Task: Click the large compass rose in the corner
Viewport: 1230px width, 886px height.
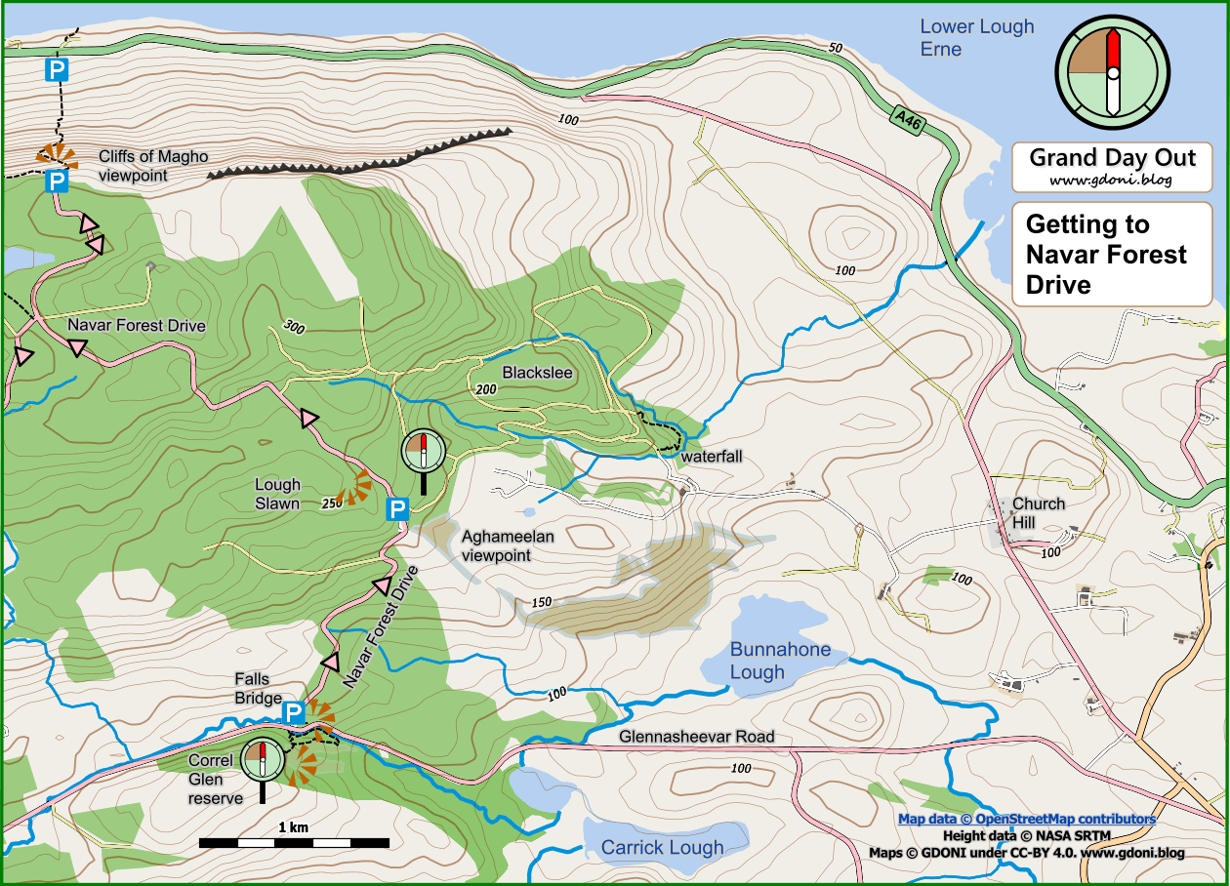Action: pyautogui.click(x=1111, y=71)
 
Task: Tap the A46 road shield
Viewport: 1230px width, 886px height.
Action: pyautogui.click(x=908, y=119)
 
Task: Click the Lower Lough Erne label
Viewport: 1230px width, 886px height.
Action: pyautogui.click(x=976, y=38)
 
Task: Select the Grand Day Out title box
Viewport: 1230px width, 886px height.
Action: pyautogui.click(x=1112, y=167)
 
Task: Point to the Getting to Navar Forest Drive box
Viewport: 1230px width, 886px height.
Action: pyautogui.click(x=1112, y=255)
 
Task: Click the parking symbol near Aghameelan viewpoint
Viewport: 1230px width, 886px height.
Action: pyautogui.click(x=397, y=509)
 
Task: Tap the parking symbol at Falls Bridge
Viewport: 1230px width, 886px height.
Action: pyautogui.click(x=293, y=715)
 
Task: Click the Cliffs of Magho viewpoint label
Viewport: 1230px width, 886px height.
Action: pyautogui.click(x=153, y=166)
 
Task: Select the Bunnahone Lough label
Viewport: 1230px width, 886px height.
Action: pyautogui.click(x=780, y=661)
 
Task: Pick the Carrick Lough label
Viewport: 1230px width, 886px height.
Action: pyautogui.click(x=662, y=848)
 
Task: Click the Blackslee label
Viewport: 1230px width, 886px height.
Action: pyautogui.click(x=537, y=373)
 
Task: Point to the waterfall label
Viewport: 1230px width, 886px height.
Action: pyautogui.click(x=712, y=457)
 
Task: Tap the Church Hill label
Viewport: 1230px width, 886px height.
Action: pyautogui.click(x=1038, y=513)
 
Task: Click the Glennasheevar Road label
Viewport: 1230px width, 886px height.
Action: pyautogui.click(x=696, y=737)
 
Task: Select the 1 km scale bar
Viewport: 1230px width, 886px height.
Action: pyautogui.click(x=294, y=841)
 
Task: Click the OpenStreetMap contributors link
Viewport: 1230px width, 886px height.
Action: pyautogui.click(x=1026, y=820)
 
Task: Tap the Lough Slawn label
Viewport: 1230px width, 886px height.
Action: pyautogui.click(x=277, y=494)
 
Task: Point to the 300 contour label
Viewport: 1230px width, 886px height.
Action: pyautogui.click(x=293, y=326)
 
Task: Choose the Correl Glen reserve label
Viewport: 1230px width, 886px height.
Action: pyautogui.click(x=215, y=780)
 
